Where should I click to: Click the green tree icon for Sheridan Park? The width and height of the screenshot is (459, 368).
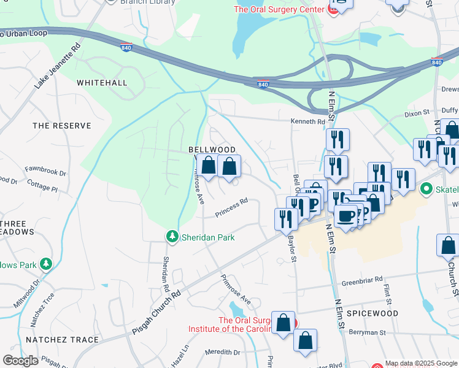pos(172,237)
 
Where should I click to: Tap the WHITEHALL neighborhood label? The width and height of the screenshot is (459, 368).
pos(102,83)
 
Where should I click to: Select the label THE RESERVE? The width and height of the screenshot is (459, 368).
pos(61,126)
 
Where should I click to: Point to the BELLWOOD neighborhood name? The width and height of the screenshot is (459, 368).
pos(212,150)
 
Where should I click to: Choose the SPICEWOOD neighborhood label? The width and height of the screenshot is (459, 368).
pos(372,313)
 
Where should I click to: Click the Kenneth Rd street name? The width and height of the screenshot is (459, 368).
pos(307,122)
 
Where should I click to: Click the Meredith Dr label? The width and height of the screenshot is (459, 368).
pos(223,352)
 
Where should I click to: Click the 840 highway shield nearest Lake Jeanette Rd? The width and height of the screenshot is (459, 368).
pos(126,47)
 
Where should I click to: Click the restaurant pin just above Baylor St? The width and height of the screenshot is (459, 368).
pos(285,218)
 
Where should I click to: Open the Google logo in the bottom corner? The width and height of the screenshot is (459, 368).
pos(20,361)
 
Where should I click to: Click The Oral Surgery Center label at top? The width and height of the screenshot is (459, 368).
pos(279,9)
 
